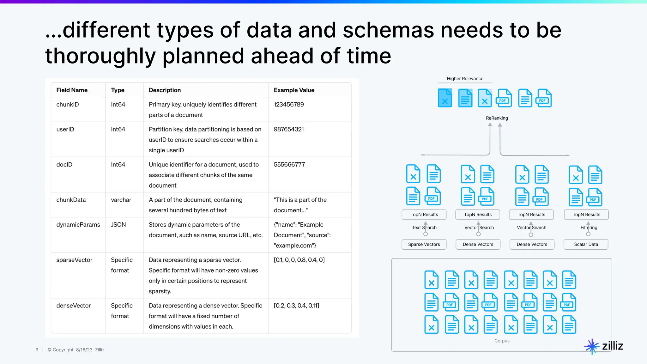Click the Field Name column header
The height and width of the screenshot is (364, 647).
point(72,90)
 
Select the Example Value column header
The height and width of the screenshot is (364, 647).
point(294,90)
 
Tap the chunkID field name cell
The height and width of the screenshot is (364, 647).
point(68,105)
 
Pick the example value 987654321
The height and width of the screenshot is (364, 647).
point(289,129)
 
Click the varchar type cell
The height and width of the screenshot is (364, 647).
point(121,200)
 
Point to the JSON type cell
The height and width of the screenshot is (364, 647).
point(118,225)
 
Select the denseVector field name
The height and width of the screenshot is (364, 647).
point(74,306)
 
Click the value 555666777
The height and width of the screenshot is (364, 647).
point(289,165)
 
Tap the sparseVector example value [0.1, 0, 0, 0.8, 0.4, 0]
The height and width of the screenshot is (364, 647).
point(299,260)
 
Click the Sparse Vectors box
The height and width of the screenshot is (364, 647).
point(424,244)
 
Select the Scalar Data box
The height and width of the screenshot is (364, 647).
point(586,244)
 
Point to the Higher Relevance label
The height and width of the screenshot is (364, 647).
point(465,79)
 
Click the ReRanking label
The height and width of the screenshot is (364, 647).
point(497,118)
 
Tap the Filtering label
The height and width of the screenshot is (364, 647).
point(589,227)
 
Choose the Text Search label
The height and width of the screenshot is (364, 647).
point(424,227)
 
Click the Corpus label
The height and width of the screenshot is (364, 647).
point(502,341)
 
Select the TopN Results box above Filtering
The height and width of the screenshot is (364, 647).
point(586,215)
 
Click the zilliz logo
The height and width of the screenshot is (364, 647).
point(604,346)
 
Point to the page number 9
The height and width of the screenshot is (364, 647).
point(37,350)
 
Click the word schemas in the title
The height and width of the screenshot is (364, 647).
point(388,31)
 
